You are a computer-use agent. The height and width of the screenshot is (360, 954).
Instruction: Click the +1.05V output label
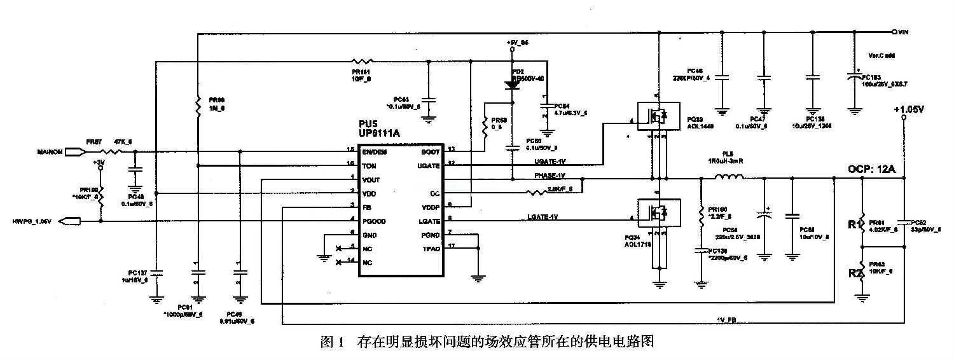click(x=908, y=110)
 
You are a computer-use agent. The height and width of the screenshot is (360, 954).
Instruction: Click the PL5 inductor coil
click(x=729, y=179)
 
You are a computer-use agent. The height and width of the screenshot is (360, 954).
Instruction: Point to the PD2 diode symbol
click(x=512, y=85)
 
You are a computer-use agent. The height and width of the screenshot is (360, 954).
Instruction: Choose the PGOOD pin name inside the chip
click(x=375, y=221)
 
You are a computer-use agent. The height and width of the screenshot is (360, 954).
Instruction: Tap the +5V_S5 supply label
click(x=517, y=42)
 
